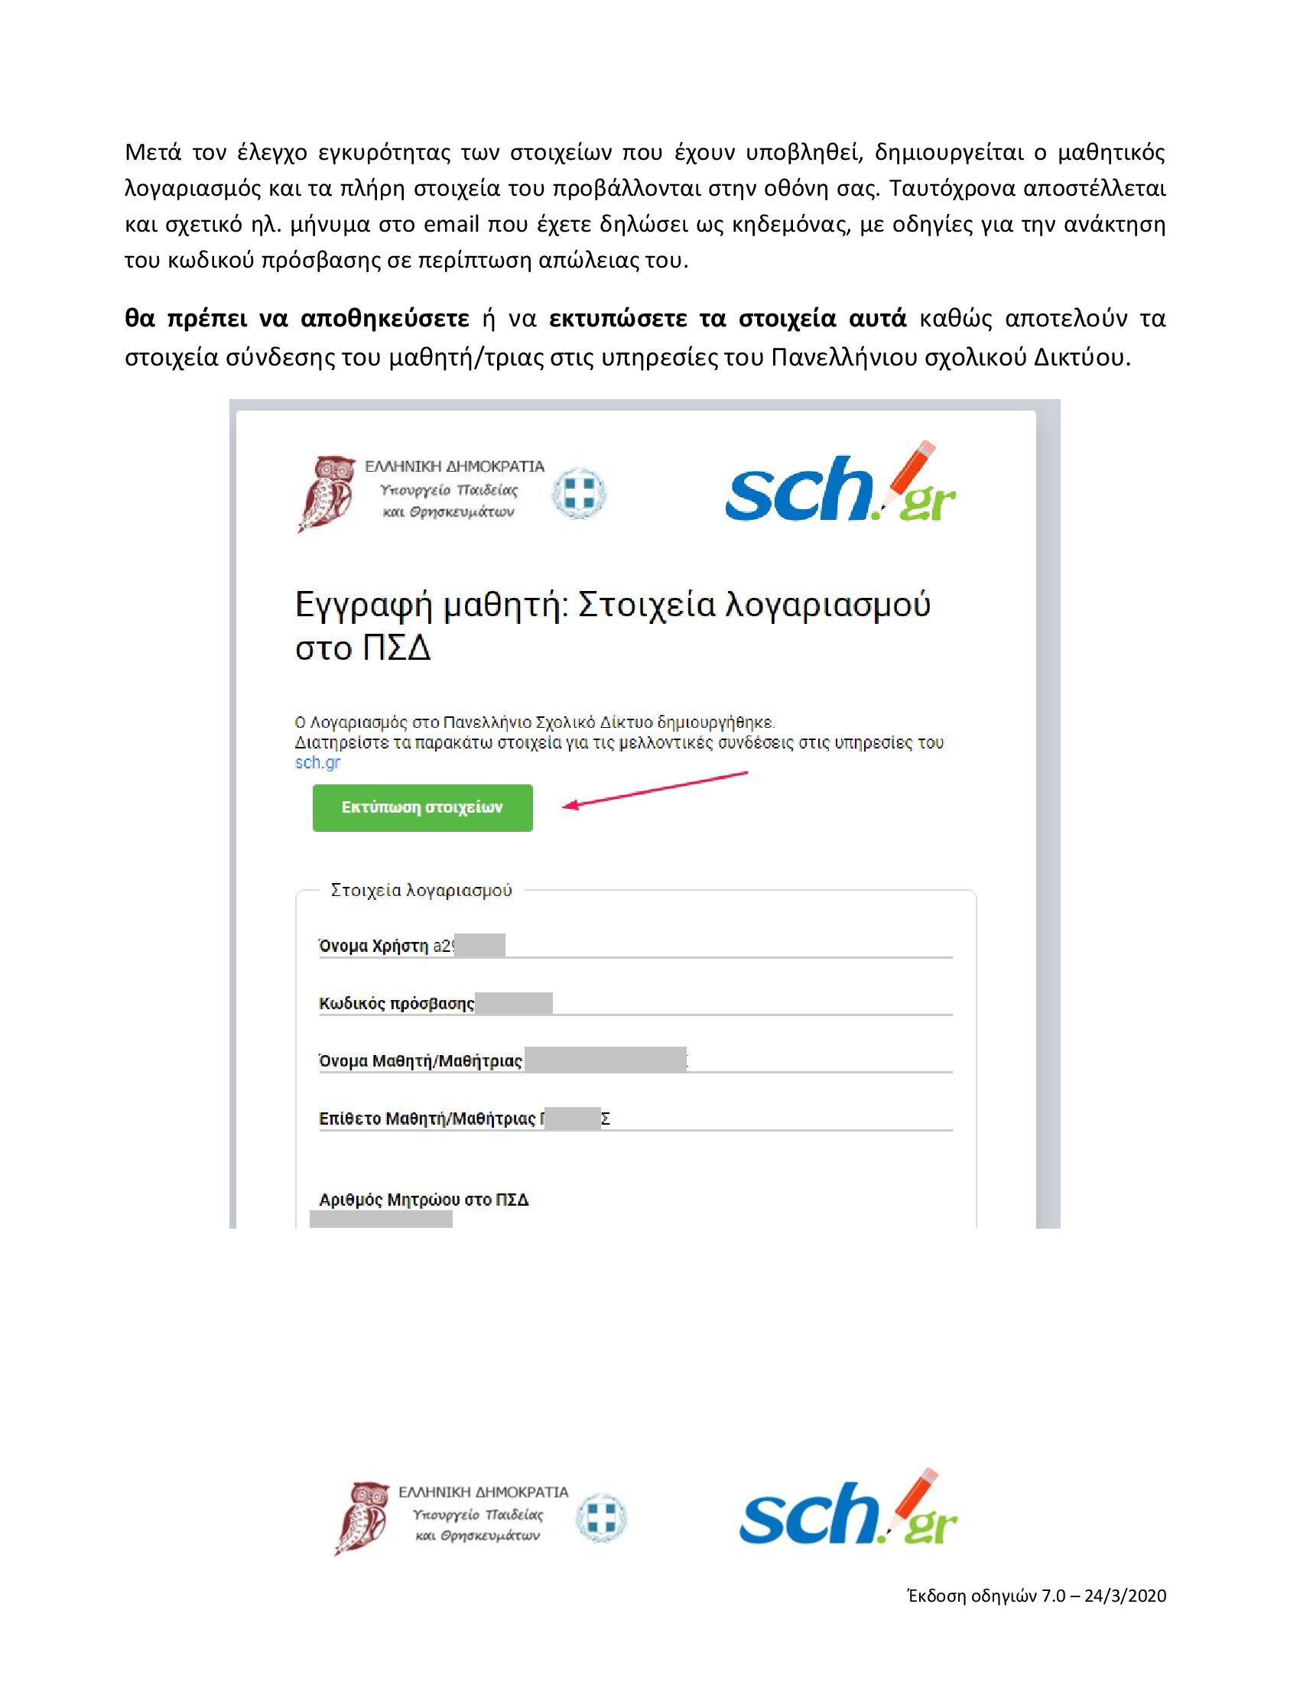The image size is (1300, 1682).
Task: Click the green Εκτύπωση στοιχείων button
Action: [x=422, y=807]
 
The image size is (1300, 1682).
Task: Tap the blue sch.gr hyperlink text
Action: [x=317, y=762]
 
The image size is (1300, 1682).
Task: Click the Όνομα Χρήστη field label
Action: [x=373, y=946]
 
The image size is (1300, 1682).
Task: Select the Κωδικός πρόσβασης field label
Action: [x=397, y=1004]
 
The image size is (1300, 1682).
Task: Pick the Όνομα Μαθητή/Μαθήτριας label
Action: [x=421, y=1061]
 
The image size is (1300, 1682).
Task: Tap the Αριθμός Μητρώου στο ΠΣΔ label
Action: [x=424, y=1200]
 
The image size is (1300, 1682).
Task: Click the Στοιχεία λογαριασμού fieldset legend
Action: [x=421, y=890]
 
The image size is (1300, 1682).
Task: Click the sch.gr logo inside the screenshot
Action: [x=840, y=485]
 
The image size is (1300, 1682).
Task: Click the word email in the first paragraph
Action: [x=451, y=225]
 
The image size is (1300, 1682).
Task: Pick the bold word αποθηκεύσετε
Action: [x=385, y=319]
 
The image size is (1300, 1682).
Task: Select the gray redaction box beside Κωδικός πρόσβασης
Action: [x=514, y=1003]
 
